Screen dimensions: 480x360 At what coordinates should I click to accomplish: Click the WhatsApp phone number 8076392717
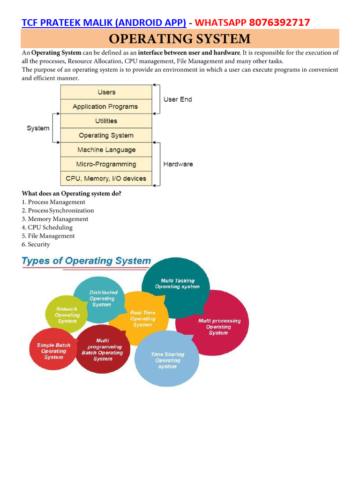(x=279, y=22)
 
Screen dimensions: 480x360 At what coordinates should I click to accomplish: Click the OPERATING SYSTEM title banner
(x=180, y=38)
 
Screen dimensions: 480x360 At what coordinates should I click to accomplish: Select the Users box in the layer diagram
(x=106, y=92)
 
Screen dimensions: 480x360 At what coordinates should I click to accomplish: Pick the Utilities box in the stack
(x=106, y=121)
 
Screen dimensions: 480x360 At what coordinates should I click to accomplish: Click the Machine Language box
(x=106, y=150)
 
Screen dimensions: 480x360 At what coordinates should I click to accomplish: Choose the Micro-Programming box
(x=106, y=164)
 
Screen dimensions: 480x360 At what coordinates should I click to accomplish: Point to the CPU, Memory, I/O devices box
(x=106, y=179)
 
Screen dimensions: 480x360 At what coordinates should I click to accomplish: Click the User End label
(x=178, y=99)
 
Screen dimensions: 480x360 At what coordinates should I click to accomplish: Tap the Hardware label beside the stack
(x=178, y=164)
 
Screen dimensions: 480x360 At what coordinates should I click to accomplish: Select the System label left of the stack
(x=38, y=128)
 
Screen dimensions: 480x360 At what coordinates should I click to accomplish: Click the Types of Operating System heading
(x=87, y=261)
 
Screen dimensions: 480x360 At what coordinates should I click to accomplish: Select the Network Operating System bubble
(x=67, y=315)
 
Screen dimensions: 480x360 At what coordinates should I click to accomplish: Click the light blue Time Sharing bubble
(x=167, y=360)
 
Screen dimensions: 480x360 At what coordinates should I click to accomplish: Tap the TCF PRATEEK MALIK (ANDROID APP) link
(x=104, y=22)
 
